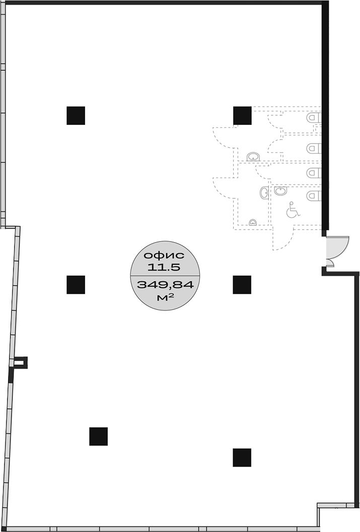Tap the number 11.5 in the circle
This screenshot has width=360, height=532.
point(164,267)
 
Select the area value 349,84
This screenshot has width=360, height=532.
point(165,284)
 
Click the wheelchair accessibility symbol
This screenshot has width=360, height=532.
point(293,210)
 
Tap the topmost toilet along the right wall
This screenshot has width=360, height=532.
point(314,118)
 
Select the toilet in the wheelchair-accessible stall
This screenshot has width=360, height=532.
point(314,195)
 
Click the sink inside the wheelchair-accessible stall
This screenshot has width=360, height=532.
point(281,191)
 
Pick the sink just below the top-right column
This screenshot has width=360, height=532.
point(253,157)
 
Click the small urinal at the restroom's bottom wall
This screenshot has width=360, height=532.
point(253,222)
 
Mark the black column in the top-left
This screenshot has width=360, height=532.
point(76,116)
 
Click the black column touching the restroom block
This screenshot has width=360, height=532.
point(242,116)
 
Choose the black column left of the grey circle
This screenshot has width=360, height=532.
point(76,285)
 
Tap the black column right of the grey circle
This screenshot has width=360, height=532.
point(242,285)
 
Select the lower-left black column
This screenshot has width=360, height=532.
point(98,436)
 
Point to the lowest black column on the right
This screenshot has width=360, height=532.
point(242,458)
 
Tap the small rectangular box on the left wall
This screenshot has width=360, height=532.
point(20,362)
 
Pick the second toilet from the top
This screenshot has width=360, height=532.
point(314,148)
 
